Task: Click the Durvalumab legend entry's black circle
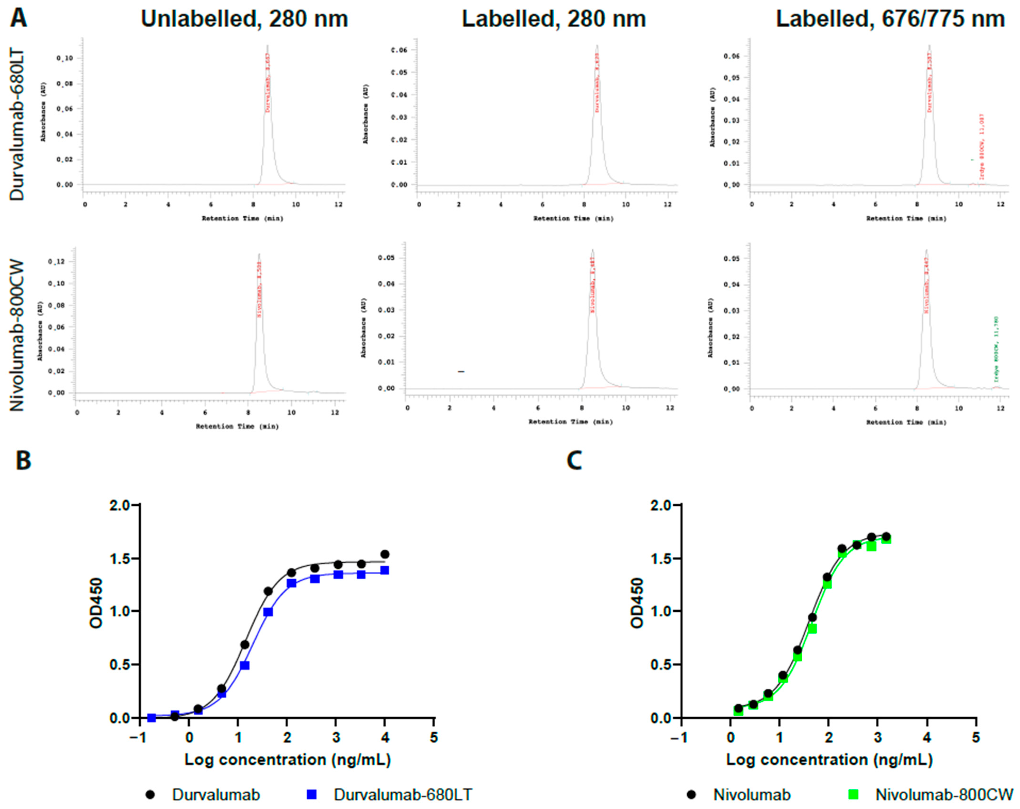tap(150, 794)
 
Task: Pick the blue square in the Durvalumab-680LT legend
tap(312, 794)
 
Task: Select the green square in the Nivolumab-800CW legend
tap(853, 794)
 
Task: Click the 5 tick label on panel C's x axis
tap(976, 737)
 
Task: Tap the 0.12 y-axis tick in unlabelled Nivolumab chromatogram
tap(56, 262)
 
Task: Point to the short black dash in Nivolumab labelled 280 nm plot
tap(461, 371)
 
